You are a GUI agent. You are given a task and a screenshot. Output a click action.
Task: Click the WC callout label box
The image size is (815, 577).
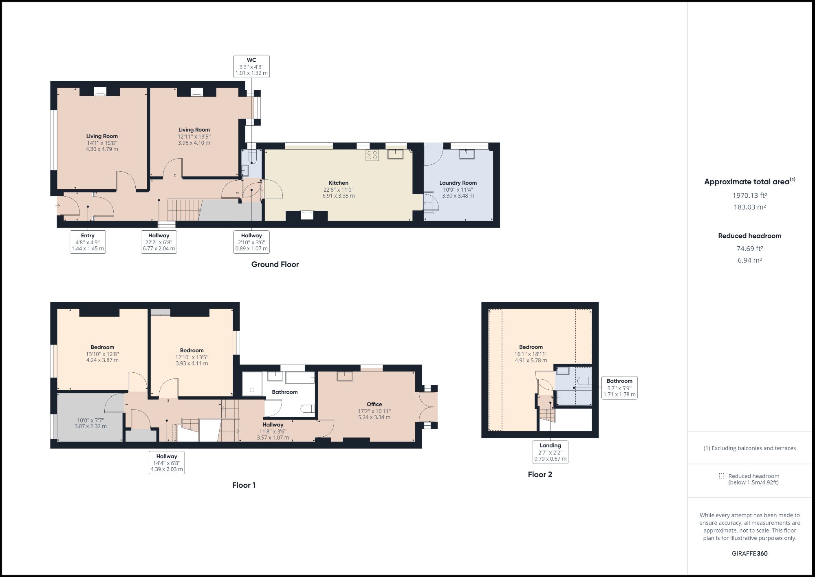[251, 66]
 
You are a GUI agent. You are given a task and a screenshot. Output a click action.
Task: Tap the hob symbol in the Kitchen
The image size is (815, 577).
[372, 155]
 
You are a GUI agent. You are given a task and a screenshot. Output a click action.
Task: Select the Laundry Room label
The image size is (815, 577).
[458, 183]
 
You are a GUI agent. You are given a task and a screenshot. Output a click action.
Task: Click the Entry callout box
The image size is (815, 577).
[88, 242]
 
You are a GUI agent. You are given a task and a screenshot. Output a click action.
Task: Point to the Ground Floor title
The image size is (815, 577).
[275, 264]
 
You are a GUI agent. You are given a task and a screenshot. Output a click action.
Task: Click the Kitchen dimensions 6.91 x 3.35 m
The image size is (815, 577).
[338, 196]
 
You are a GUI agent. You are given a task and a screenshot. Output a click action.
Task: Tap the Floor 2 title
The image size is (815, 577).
[540, 474]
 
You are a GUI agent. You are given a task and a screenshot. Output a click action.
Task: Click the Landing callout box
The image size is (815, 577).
[550, 452]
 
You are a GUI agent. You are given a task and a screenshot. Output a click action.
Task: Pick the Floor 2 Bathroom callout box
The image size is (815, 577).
[619, 387]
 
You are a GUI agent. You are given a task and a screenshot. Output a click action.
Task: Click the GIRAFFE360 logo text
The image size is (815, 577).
[749, 553]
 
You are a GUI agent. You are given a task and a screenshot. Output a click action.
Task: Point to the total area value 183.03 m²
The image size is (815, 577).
[749, 207]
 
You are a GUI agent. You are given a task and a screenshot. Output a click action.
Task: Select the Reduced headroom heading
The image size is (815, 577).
[749, 236]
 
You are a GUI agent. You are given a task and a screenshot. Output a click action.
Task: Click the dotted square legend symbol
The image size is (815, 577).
[721, 476]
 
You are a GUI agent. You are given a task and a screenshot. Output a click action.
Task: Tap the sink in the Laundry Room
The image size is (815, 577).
[466, 154]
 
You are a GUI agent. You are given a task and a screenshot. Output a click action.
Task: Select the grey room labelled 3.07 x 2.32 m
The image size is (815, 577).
[90, 423]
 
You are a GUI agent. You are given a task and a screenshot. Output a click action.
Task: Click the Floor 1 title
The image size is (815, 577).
[244, 485]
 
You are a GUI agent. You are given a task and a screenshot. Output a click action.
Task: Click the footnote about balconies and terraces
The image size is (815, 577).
[749, 448]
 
